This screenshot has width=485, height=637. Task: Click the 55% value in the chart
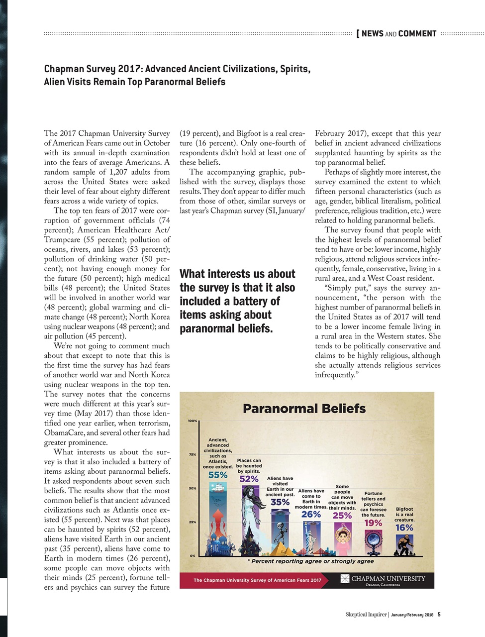click(218, 475)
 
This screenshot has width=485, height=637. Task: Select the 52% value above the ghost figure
click(249, 479)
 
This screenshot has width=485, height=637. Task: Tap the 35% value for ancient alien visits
click(280, 503)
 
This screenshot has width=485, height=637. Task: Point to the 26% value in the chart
click(311, 515)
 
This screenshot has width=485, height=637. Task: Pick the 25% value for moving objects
click(342, 516)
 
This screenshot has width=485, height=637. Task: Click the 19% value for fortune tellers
click(373, 523)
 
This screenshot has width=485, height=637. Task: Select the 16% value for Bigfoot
click(404, 528)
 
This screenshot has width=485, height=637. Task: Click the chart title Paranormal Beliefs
click(304, 409)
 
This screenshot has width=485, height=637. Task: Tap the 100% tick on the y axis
click(193, 421)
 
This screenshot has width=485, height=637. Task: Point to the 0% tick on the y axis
click(192, 555)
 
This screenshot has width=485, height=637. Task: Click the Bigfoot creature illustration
click(403, 545)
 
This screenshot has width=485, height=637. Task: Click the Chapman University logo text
click(388, 579)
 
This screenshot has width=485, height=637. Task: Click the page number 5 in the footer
click(439, 614)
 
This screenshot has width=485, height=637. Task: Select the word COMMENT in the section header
click(417, 34)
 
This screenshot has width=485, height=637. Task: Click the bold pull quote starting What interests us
click(237, 301)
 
